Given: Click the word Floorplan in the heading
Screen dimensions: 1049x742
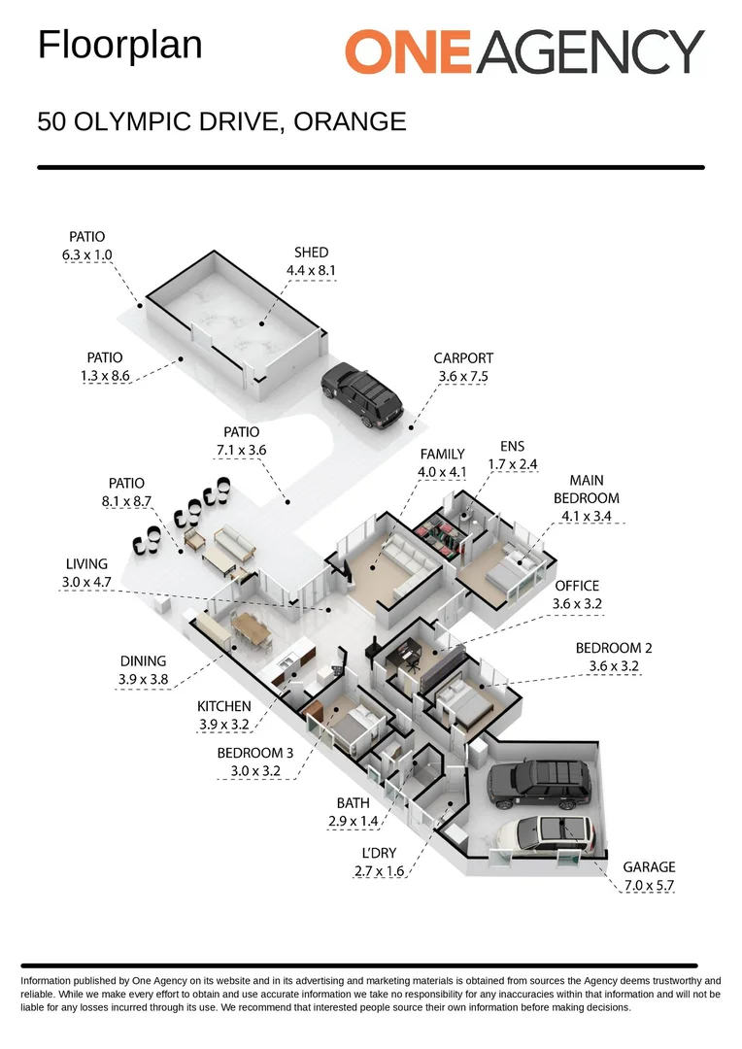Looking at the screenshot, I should coord(119,46).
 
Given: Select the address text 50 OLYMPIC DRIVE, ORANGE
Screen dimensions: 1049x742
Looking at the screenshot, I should coord(221,122).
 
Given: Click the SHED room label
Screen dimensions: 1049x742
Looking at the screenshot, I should coord(311,253).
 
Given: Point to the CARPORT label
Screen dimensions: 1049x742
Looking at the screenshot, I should coord(463,358).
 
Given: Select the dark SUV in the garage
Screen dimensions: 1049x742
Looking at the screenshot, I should coord(540,783).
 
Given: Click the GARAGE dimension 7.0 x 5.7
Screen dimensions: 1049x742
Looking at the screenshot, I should coord(649,885).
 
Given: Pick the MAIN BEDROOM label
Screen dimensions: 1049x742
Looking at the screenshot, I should coord(593,491).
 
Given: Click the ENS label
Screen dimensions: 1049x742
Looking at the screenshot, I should coord(511,447).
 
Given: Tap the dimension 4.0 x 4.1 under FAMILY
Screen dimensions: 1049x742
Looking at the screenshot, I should coord(442,472).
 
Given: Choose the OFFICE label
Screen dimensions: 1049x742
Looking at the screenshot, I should coord(577,586).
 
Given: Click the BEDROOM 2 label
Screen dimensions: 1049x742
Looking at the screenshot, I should coord(614,648).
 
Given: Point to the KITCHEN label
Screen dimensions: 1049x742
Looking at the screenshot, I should coord(224,706).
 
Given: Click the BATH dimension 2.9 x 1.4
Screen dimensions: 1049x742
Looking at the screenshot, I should coord(352,822).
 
